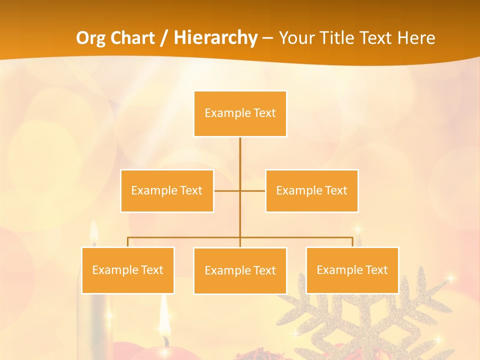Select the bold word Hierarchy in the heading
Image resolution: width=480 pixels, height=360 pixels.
215,38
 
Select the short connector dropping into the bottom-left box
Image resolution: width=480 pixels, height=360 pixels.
128,242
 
